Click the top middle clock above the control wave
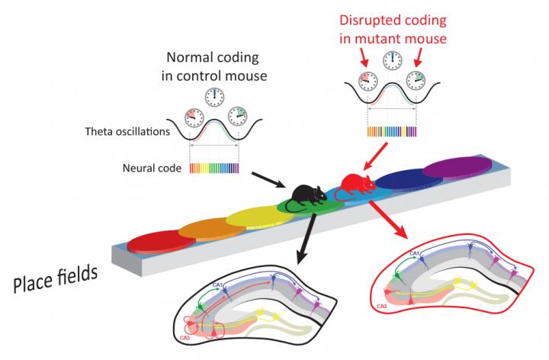tap(215, 97)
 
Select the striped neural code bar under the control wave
tap(210, 168)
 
